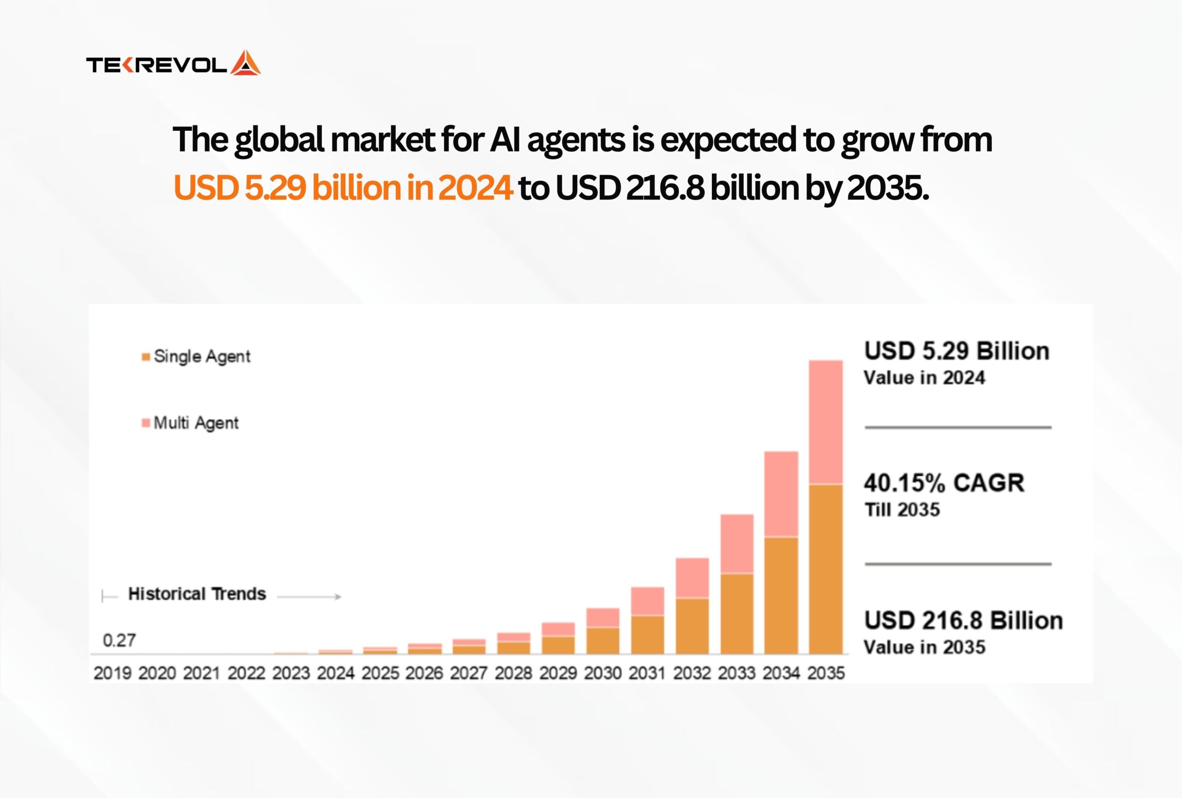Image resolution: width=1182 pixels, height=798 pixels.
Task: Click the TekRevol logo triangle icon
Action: (246, 63)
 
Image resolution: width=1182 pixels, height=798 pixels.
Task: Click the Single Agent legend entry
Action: (196, 357)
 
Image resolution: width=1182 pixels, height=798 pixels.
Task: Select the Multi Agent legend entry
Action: (190, 423)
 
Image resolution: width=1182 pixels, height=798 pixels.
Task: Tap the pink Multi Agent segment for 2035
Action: (826, 422)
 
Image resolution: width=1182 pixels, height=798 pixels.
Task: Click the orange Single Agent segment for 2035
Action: (826, 568)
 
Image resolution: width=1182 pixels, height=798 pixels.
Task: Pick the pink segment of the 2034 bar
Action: (781, 494)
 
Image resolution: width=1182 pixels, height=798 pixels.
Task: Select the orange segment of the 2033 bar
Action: (737, 613)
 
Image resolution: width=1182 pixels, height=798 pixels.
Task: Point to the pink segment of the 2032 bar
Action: (692, 578)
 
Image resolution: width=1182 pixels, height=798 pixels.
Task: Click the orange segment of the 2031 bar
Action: (647, 634)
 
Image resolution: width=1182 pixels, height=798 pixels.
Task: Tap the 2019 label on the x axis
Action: (112, 673)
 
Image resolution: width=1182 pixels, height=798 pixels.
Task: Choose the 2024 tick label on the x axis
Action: (336, 673)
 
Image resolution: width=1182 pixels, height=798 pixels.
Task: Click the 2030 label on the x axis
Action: (603, 673)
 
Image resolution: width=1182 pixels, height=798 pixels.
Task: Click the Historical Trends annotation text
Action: (197, 593)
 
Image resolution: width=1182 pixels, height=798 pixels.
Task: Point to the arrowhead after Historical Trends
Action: (338, 597)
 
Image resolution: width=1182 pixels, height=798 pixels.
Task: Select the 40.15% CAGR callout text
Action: (944, 483)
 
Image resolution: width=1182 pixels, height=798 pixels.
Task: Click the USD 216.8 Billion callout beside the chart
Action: (963, 621)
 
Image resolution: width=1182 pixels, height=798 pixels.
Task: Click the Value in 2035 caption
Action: (925, 647)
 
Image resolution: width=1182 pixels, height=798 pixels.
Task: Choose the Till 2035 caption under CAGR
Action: (902, 510)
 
